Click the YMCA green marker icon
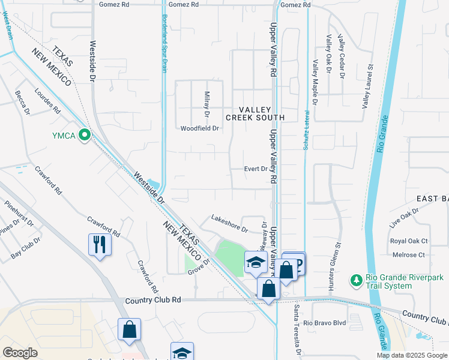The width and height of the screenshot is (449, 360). (85, 136)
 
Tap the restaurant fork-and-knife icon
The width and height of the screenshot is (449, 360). (99, 244)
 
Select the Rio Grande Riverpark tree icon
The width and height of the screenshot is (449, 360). (355, 280)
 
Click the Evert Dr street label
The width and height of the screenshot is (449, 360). (256, 169)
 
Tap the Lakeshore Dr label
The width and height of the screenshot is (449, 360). (229, 223)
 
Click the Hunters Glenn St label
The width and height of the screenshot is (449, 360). (339, 258)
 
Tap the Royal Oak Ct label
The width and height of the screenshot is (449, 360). (408, 241)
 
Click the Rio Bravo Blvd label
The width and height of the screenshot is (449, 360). (325, 323)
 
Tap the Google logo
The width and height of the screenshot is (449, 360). (20, 352)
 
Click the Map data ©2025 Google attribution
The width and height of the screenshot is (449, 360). (411, 355)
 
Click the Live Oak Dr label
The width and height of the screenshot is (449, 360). (403, 218)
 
